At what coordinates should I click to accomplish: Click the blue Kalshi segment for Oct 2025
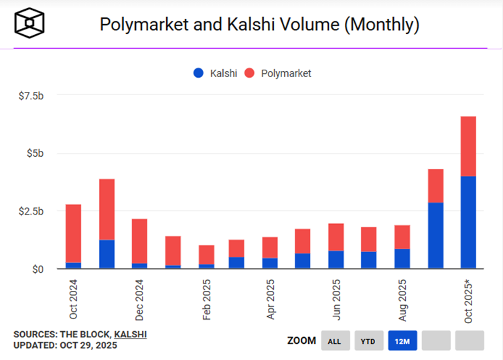[468, 222]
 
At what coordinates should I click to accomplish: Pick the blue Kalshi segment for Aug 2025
[402, 258]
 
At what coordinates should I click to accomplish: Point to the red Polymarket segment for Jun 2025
[336, 237]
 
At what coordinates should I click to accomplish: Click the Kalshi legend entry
[214, 73]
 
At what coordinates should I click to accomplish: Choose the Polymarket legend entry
[279, 73]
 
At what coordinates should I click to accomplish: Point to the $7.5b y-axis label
[31, 96]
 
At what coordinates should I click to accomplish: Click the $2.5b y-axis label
[31, 211]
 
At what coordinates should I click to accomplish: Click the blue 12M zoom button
[403, 341]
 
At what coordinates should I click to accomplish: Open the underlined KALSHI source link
[131, 334]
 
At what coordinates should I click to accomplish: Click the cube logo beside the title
[30, 25]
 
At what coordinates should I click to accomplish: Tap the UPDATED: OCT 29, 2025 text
[65, 346]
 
